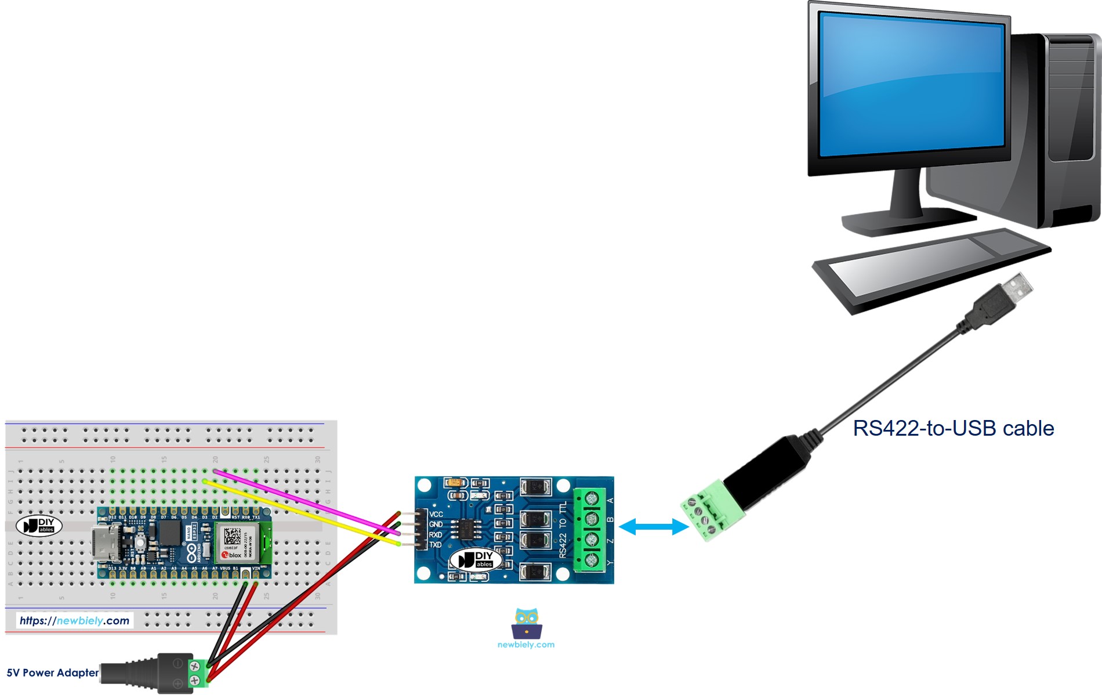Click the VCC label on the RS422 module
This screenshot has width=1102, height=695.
pos(436,514)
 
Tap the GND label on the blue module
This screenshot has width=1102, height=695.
pos(436,524)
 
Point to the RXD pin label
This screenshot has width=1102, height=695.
pos(436,535)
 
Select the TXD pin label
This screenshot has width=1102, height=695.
pos(436,545)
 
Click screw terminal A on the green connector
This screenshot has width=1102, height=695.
pos(591,498)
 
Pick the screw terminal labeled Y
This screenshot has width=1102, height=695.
pos(591,560)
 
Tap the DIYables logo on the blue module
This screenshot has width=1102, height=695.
pos(476,560)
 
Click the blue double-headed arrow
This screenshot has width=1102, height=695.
pos(654,527)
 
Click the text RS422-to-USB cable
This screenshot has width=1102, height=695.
pos(953,428)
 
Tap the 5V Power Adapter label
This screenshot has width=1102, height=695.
pos(52,673)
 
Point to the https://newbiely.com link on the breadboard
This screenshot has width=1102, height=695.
pos(74,621)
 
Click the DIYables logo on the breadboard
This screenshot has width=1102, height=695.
pos(39,526)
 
